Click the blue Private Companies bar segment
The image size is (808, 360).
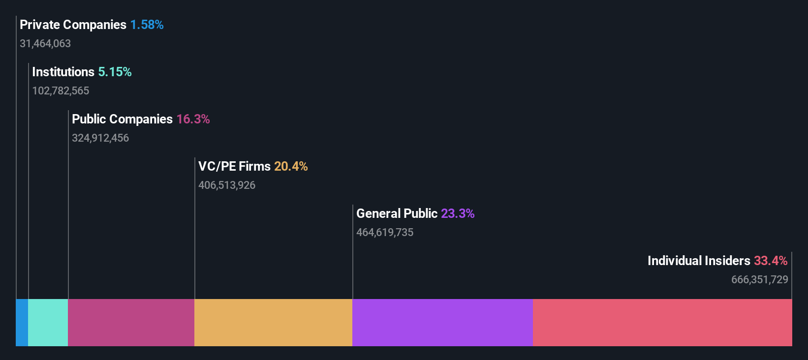22,323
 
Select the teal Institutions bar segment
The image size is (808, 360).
48,323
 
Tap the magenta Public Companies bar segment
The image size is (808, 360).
131,323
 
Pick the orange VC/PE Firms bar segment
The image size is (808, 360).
274,323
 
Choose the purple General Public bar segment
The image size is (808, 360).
443,323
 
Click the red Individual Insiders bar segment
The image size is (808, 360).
662,323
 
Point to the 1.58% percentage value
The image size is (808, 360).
147,25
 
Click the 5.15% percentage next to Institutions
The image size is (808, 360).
115,72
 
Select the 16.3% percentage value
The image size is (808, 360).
193,119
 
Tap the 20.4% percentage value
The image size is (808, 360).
291,166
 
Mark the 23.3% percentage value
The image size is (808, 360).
458,213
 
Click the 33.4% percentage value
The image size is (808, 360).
771,261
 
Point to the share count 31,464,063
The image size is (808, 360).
45,44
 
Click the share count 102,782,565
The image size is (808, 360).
61,91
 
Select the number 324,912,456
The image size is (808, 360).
100,138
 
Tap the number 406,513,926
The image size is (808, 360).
227,185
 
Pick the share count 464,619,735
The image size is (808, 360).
385,233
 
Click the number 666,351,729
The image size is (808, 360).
759,280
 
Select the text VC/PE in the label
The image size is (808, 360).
217,166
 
